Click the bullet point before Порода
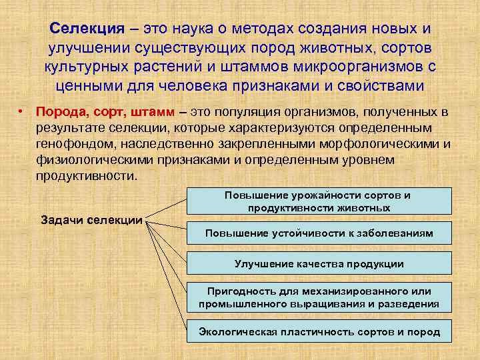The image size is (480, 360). coord(22,111)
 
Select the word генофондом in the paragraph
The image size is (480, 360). coord(69,144)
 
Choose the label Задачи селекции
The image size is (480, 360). coord(92,220)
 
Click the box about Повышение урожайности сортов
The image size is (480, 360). coord(319,201)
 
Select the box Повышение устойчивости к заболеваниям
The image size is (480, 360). coord(319,233)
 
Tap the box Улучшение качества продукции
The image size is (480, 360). coord(319,264)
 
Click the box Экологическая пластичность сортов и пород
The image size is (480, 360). coord(319,331)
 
